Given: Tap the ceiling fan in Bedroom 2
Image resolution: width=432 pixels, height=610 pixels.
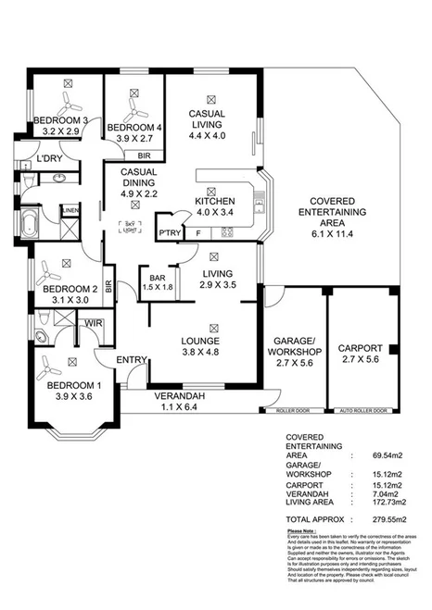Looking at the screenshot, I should tap(52, 269).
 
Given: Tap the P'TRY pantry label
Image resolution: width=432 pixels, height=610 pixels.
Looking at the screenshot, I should tap(169, 233).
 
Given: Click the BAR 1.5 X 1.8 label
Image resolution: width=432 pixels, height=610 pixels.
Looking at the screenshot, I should tap(156, 282).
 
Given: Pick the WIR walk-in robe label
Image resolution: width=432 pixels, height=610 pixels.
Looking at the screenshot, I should tap(93, 322).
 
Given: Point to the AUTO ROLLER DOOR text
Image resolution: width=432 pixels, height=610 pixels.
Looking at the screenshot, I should tap(364, 410).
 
